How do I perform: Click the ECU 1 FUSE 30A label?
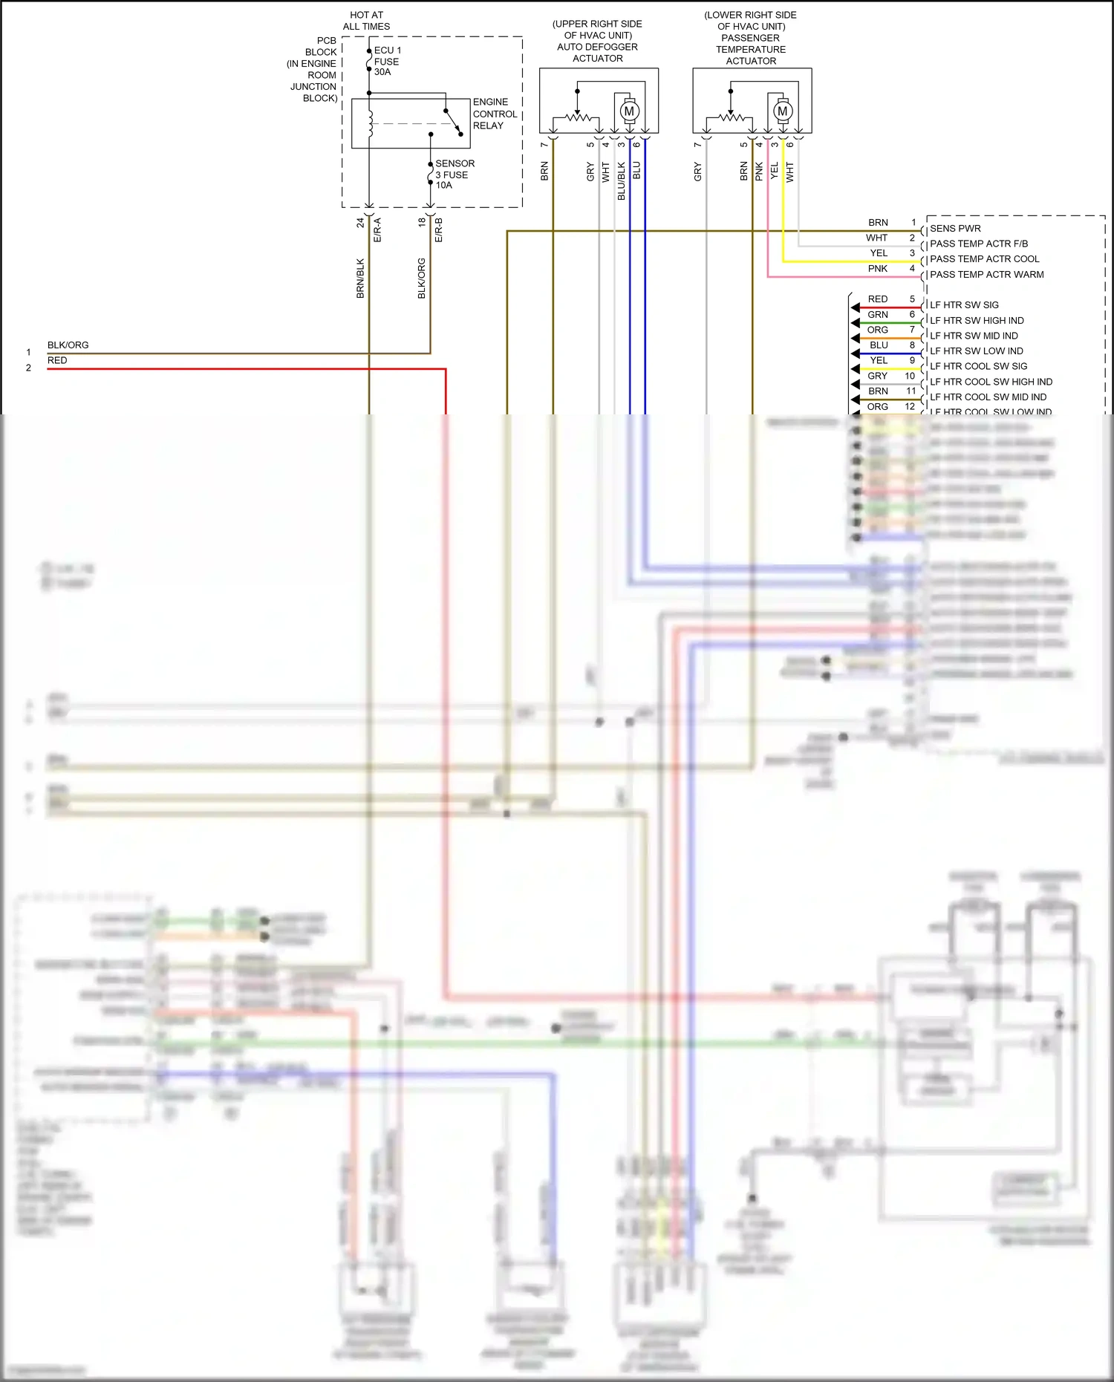[387, 61]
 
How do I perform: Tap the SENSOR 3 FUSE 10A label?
[455, 175]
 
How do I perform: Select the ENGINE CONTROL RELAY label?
[495, 114]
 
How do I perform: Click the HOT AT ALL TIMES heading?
[366, 21]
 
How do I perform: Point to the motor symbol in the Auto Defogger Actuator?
[629, 111]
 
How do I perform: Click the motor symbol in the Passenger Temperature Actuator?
[782, 111]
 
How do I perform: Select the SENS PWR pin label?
[955, 229]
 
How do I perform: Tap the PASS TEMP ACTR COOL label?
[984, 259]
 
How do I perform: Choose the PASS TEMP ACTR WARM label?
[986, 275]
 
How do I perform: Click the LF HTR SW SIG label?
[964, 305]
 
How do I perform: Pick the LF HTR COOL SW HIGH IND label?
[991, 382]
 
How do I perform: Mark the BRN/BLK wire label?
[360, 278]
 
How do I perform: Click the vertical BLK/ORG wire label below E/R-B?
[422, 278]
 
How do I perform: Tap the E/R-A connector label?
[377, 229]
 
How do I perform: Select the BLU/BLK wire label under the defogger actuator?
[622, 180]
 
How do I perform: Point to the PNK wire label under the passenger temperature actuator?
[759, 172]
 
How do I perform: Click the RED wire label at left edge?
[57, 361]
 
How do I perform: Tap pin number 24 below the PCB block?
[360, 222]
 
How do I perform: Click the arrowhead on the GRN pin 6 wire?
[856, 323]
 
